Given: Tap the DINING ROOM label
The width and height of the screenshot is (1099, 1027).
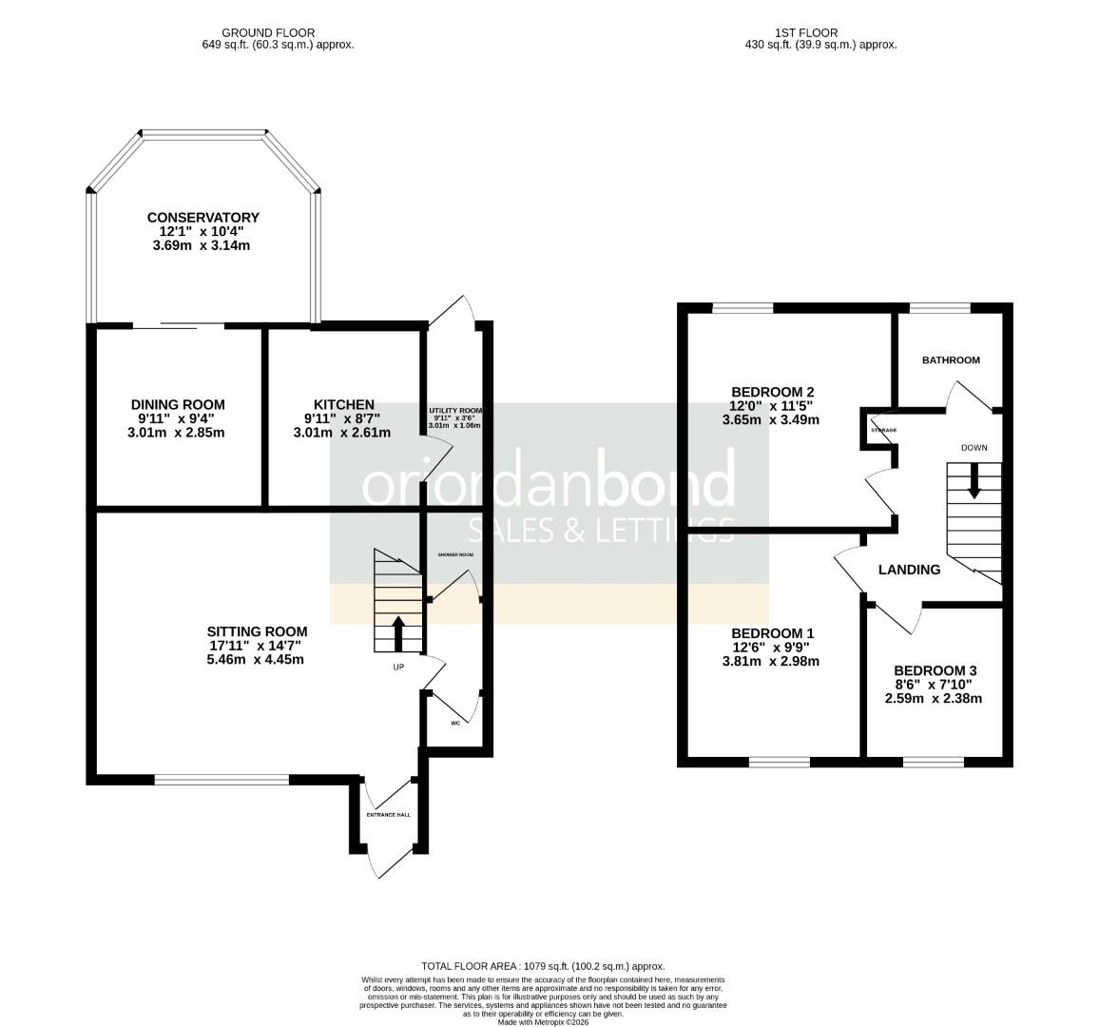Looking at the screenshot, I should coord(178,405).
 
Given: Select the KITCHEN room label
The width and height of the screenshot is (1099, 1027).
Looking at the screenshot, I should coord(343,405).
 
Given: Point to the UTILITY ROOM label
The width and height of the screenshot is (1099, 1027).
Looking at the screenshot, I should coord(455,410).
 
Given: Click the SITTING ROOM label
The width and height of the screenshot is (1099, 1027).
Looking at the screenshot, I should coord(257,631).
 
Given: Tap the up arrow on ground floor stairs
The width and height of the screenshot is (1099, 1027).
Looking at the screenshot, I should coord(397,631).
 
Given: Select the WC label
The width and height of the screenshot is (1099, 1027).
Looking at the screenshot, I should coord(454,723).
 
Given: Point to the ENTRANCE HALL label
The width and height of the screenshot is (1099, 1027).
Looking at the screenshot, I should coord(388,815).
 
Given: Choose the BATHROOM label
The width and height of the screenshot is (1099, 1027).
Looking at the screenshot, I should coord(951,360).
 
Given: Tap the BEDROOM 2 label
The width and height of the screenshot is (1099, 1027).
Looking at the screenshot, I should coord(772,392).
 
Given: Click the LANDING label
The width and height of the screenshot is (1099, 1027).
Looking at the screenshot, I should coord(909,570).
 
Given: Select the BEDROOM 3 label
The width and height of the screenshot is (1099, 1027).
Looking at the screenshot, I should coord(935,670).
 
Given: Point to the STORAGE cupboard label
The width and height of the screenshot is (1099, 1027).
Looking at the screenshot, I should coord(883,430).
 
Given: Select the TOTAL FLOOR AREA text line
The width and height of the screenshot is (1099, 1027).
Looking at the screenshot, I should coord(543,966).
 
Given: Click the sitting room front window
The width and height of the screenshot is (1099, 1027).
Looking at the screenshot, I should coord(222,780).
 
